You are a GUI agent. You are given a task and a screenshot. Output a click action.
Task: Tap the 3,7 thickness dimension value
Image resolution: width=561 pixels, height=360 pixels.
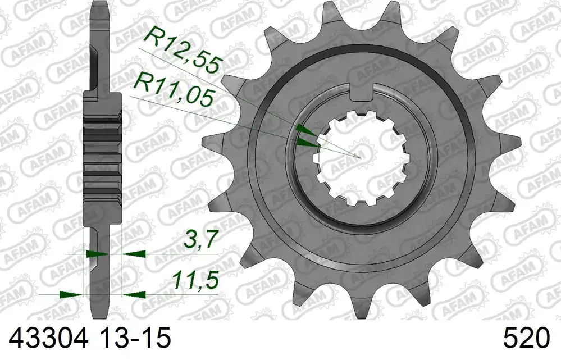pyautogui.click(x=200, y=239)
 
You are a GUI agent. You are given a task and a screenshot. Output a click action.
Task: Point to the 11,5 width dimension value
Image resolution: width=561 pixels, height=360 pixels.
pyautogui.click(x=195, y=280)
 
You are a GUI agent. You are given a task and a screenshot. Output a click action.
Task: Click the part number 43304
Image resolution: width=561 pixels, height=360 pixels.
pyautogui.click(x=48, y=338)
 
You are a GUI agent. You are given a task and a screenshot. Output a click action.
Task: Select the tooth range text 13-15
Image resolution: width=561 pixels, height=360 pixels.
pyautogui.click(x=135, y=338)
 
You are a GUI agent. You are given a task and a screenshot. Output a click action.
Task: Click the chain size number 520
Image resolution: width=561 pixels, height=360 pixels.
pyautogui.click(x=526, y=338)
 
